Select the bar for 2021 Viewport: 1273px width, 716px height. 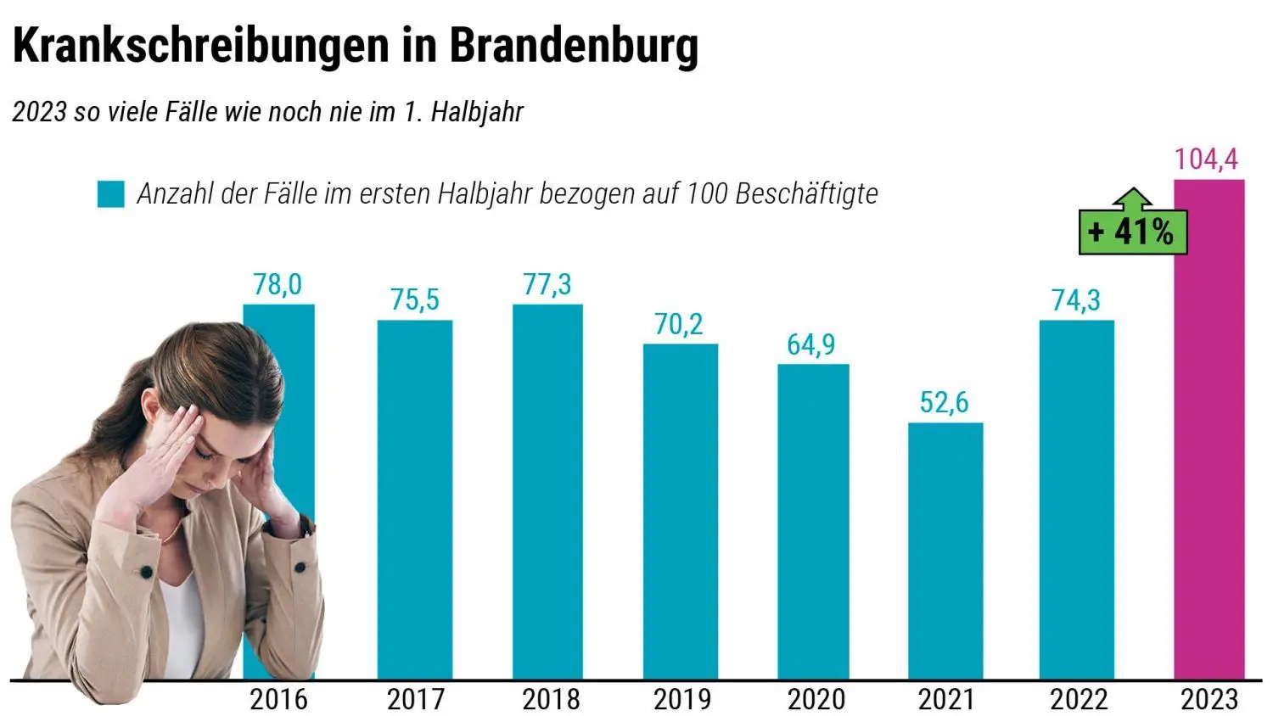click(945, 551)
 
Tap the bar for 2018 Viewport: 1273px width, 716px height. click(547, 492)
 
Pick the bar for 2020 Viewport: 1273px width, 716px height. click(813, 522)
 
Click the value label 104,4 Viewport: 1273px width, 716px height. click(1206, 159)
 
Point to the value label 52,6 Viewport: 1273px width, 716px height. click(944, 402)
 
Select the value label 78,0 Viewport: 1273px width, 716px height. click(278, 285)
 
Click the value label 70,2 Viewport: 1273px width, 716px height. click(679, 324)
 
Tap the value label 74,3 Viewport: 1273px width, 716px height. click(1076, 300)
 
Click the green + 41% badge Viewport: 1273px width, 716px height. click(1132, 231)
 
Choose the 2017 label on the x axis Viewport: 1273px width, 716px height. click(415, 700)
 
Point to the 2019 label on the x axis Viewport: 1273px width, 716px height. click(681, 700)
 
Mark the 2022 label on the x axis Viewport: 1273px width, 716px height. click(1079, 700)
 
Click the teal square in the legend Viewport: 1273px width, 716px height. click(111, 194)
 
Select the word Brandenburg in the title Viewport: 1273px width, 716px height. click(574, 46)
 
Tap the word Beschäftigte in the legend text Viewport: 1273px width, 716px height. click(806, 194)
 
